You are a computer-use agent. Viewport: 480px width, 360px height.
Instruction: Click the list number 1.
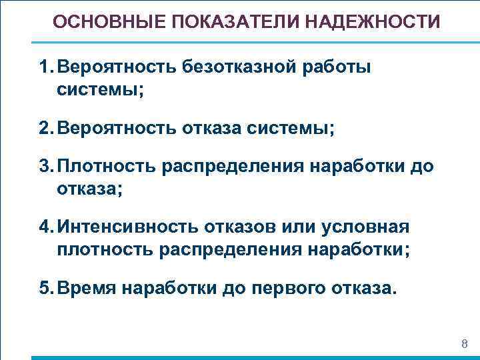tap(44, 67)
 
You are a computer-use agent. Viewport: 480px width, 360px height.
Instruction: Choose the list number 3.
tap(45, 167)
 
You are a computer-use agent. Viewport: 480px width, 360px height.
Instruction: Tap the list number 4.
tap(45, 227)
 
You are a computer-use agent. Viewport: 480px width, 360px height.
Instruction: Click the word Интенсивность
tap(127, 227)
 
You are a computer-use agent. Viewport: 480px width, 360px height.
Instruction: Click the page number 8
tap(465, 344)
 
